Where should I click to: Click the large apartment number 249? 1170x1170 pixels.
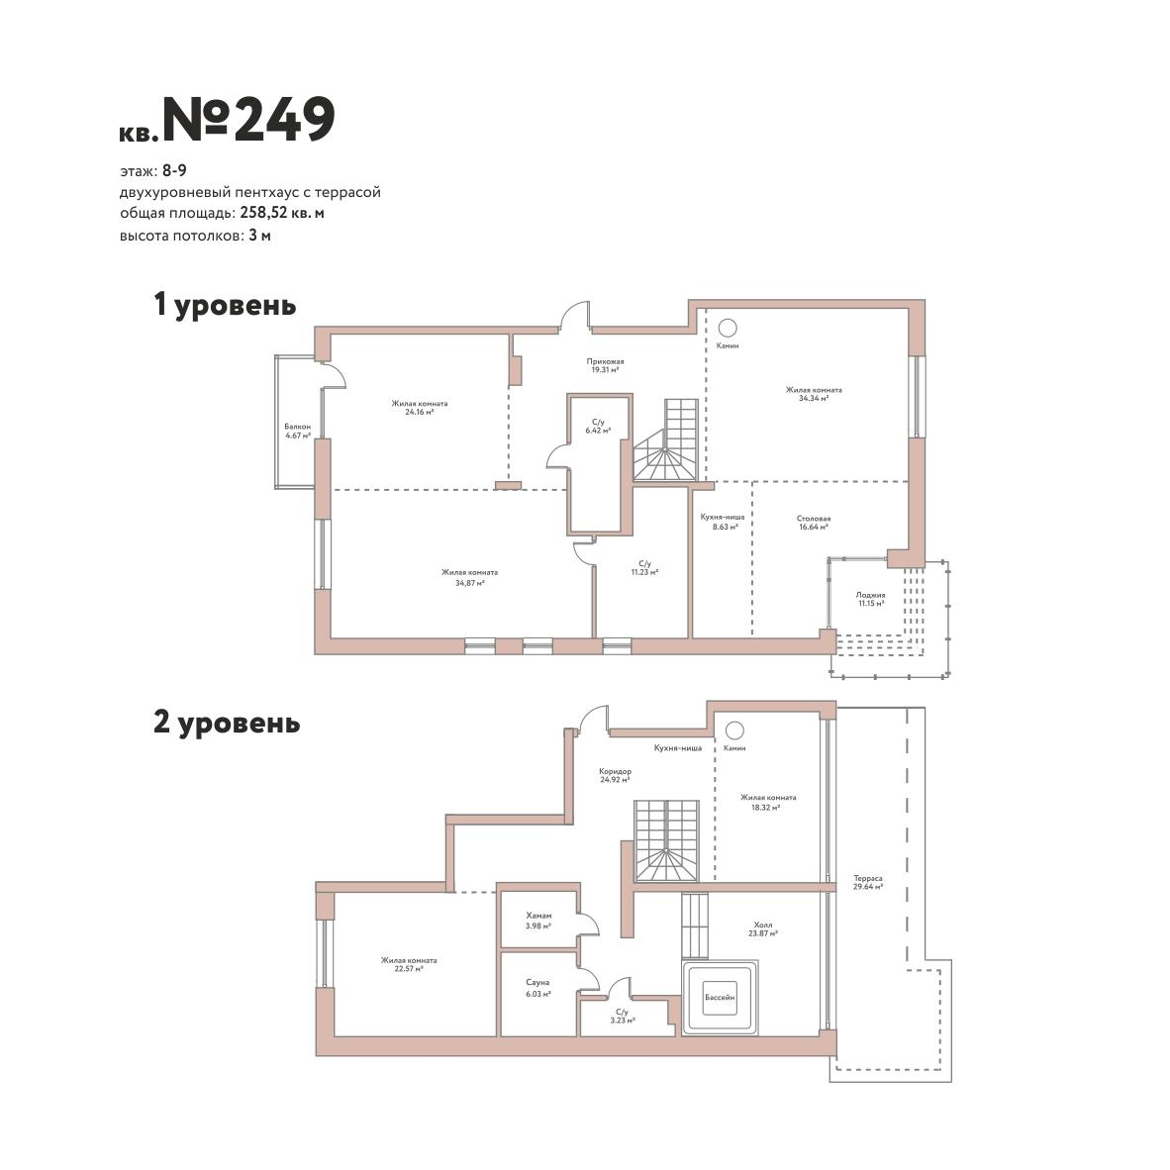284,119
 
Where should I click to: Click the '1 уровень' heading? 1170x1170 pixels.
225,305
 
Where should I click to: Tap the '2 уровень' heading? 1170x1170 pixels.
227,723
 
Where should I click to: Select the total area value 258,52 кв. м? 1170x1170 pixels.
282,214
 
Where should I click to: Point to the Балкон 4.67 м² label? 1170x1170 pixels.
298,432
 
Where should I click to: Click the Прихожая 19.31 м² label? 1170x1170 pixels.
605,365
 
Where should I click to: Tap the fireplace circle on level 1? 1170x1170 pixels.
728,328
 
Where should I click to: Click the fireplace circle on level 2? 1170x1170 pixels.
735,730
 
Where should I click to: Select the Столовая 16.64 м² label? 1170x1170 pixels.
814,523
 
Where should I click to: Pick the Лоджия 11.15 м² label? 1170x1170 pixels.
870,599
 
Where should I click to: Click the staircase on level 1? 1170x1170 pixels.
666,440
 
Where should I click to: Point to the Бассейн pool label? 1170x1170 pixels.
720,997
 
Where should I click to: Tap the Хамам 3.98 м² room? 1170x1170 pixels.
538,920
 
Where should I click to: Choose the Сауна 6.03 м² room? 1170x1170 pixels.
538,993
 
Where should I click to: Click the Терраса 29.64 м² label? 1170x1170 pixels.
868,883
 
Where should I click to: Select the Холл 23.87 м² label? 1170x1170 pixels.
762,929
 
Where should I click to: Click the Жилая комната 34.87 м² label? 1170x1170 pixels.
469,577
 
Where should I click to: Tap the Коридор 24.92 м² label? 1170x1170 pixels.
615,775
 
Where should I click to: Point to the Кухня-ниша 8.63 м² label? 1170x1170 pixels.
723,522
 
